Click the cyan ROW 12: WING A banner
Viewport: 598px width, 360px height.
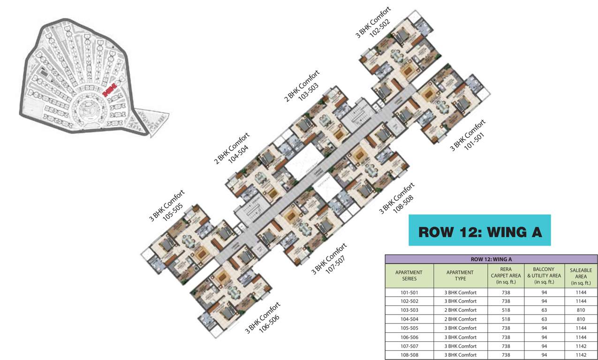click(x=479, y=231)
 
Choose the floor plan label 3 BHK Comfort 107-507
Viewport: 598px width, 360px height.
click(x=331, y=259)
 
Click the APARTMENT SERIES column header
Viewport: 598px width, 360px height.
click(x=409, y=276)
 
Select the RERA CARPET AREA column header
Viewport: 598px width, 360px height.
click(x=506, y=276)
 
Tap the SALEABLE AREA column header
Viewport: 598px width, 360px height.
click(x=581, y=276)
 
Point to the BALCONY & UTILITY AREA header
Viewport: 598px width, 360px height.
click(x=544, y=276)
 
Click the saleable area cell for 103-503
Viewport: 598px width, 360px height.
click(x=581, y=310)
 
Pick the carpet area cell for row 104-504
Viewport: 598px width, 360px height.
click(x=506, y=319)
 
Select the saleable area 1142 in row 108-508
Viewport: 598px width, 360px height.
click(x=581, y=355)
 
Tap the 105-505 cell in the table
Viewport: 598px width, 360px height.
click(x=409, y=328)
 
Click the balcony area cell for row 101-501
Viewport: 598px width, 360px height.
click(x=544, y=292)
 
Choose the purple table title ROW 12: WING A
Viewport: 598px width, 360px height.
click(x=491, y=259)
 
